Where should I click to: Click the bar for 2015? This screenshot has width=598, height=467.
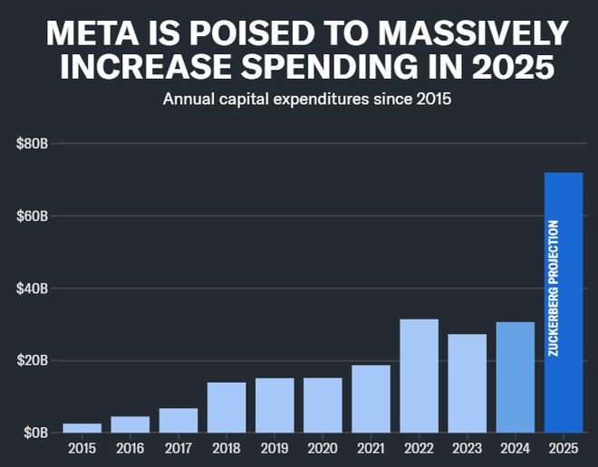tap(82, 427)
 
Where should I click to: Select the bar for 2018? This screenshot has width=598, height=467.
tap(227, 407)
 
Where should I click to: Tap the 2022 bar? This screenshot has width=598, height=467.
tap(419, 376)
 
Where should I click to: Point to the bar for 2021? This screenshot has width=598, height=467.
tap(371, 398)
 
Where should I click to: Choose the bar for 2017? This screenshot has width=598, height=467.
tap(178, 420)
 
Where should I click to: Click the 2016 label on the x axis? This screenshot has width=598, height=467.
tap(130, 449)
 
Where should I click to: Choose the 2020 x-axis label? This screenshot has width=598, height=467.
tap(323, 449)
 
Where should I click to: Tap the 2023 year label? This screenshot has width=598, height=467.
tap(467, 449)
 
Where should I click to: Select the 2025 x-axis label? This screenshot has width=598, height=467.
tap(563, 449)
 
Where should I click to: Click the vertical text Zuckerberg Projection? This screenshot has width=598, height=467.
tap(554, 287)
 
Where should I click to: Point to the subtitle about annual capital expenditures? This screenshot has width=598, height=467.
tap(306, 98)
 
